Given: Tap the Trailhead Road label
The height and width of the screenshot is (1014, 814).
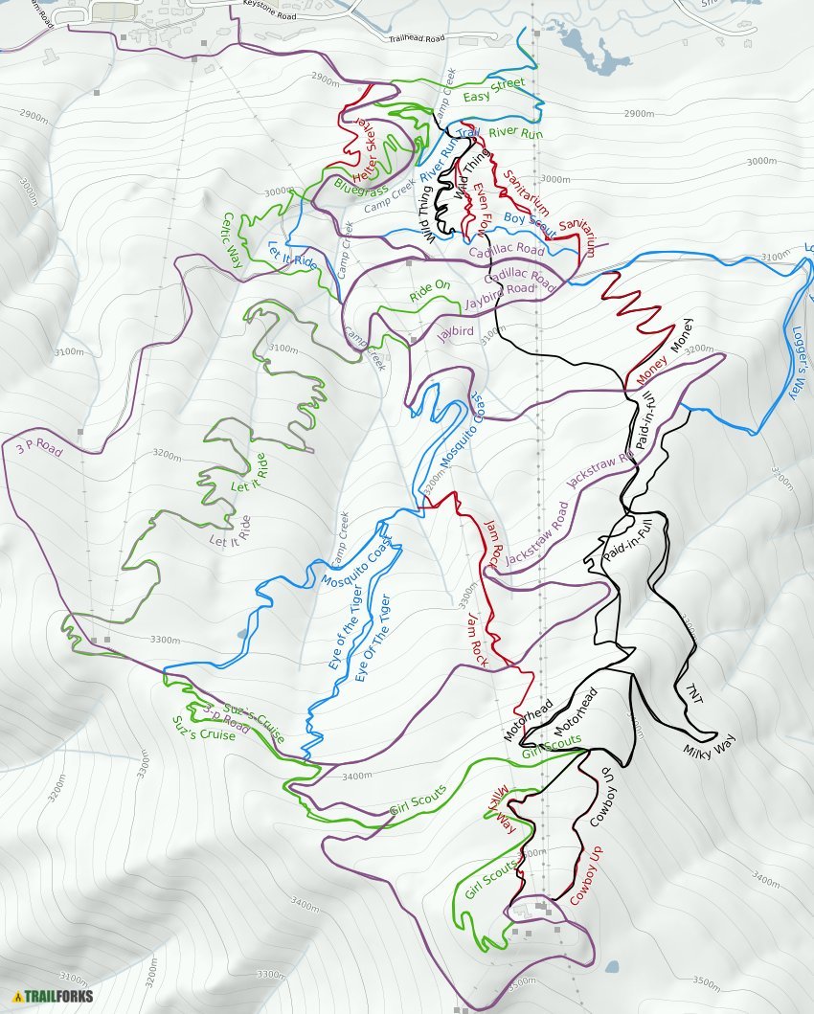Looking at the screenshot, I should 418,39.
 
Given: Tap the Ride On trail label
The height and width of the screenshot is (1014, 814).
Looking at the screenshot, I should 430,290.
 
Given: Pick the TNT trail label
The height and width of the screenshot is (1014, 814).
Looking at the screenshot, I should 694,693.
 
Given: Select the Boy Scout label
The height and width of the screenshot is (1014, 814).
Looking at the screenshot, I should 530,225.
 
